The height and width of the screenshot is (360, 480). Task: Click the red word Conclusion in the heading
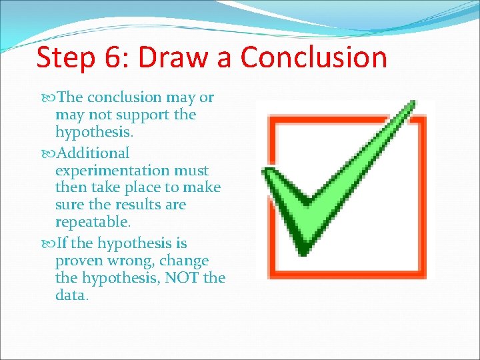pyautogui.click(x=313, y=58)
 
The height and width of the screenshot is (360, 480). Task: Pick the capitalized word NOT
pyautogui.click(x=179, y=277)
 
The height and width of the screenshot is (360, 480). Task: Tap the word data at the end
pyautogui.click(x=71, y=295)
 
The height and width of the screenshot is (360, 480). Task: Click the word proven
pyautogui.click(x=80, y=261)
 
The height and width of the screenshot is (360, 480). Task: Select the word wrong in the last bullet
pyautogui.click(x=133, y=261)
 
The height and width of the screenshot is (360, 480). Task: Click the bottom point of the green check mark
pyautogui.click(x=303, y=252)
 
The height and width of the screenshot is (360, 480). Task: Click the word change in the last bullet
pyautogui.click(x=184, y=261)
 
